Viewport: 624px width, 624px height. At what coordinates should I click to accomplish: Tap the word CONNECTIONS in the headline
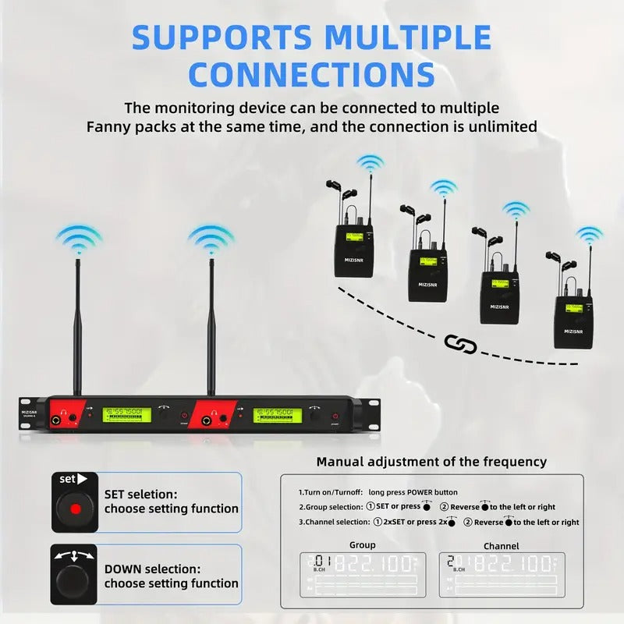[x=312, y=75]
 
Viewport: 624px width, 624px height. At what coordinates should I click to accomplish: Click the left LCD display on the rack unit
[x=129, y=415]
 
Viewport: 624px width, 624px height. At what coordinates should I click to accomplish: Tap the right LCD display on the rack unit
[x=277, y=415]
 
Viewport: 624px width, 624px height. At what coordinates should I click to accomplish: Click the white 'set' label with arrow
[x=73, y=479]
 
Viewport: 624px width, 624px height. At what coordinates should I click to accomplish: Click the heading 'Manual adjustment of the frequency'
[x=431, y=462]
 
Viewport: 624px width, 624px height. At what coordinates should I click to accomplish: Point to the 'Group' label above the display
[x=362, y=544]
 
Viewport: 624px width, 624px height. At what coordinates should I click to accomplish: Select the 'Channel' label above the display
[x=501, y=545]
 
